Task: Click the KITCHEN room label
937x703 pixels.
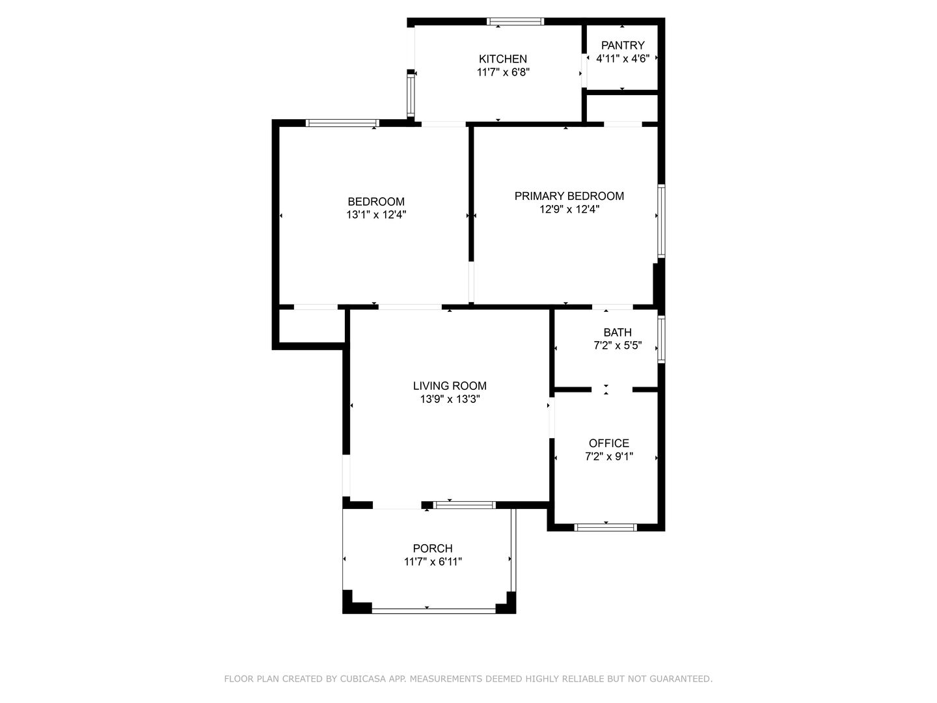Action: (x=502, y=59)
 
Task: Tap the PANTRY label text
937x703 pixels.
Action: (x=623, y=46)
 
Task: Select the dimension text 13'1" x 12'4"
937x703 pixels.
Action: (x=375, y=215)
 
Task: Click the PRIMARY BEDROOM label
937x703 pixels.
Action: (x=569, y=196)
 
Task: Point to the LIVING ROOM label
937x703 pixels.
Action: (x=450, y=386)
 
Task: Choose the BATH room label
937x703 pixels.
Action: (x=618, y=332)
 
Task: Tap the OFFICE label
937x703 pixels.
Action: (x=609, y=443)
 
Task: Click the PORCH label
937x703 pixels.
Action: (x=433, y=548)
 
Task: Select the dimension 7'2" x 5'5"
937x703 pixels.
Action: (x=618, y=345)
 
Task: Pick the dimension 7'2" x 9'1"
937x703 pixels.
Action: (x=609, y=456)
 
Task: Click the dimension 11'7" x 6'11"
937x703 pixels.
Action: (x=433, y=561)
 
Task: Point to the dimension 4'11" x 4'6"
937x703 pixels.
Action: (x=623, y=59)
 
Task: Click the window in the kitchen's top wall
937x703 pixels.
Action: (x=515, y=21)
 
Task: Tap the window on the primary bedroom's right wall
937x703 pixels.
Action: (x=661, y=221)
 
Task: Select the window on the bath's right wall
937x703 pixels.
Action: (x=661, y=339)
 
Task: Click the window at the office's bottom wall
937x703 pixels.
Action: (x=605, y=527)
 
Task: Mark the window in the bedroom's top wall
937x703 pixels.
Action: (x=342, y=124)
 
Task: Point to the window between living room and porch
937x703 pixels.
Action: (x=465, y=505)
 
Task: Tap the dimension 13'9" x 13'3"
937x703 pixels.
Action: (x=450, y=399)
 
